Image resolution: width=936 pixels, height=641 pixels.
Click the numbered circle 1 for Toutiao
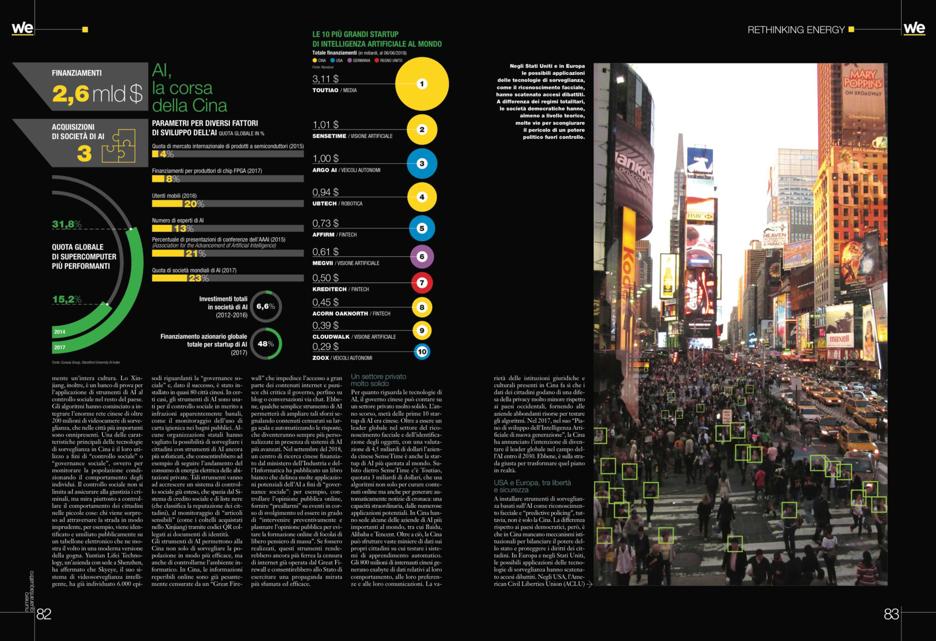click(422, 84)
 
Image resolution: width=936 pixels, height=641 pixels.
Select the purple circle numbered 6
click(422, 257)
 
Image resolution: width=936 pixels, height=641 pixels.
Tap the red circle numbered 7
click(422, 283)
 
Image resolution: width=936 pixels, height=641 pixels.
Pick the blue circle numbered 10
click(422, 352)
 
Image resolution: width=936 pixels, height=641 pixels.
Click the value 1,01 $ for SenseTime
click(325, 125)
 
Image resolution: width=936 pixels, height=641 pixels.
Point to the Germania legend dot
click(350, 60)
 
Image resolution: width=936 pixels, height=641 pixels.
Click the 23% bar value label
click(198, 278)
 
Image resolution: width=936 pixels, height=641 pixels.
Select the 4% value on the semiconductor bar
click(167, 154)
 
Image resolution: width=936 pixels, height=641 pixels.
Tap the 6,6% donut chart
click(266, 306)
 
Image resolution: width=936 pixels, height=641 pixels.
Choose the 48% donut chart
click(266, 344)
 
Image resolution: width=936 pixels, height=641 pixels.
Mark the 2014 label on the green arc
click(60, 332)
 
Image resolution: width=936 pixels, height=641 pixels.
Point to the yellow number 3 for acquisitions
click(84, 154)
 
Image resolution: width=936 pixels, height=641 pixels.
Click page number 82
click(44, 614)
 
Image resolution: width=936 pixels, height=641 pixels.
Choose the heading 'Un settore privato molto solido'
click(378, 380)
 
